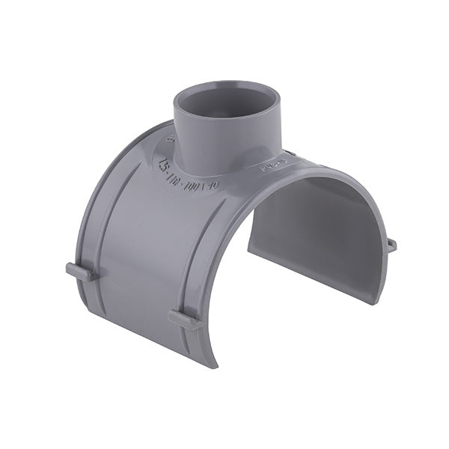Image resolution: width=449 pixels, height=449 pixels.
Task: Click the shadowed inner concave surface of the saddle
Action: [x=314, y=224]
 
